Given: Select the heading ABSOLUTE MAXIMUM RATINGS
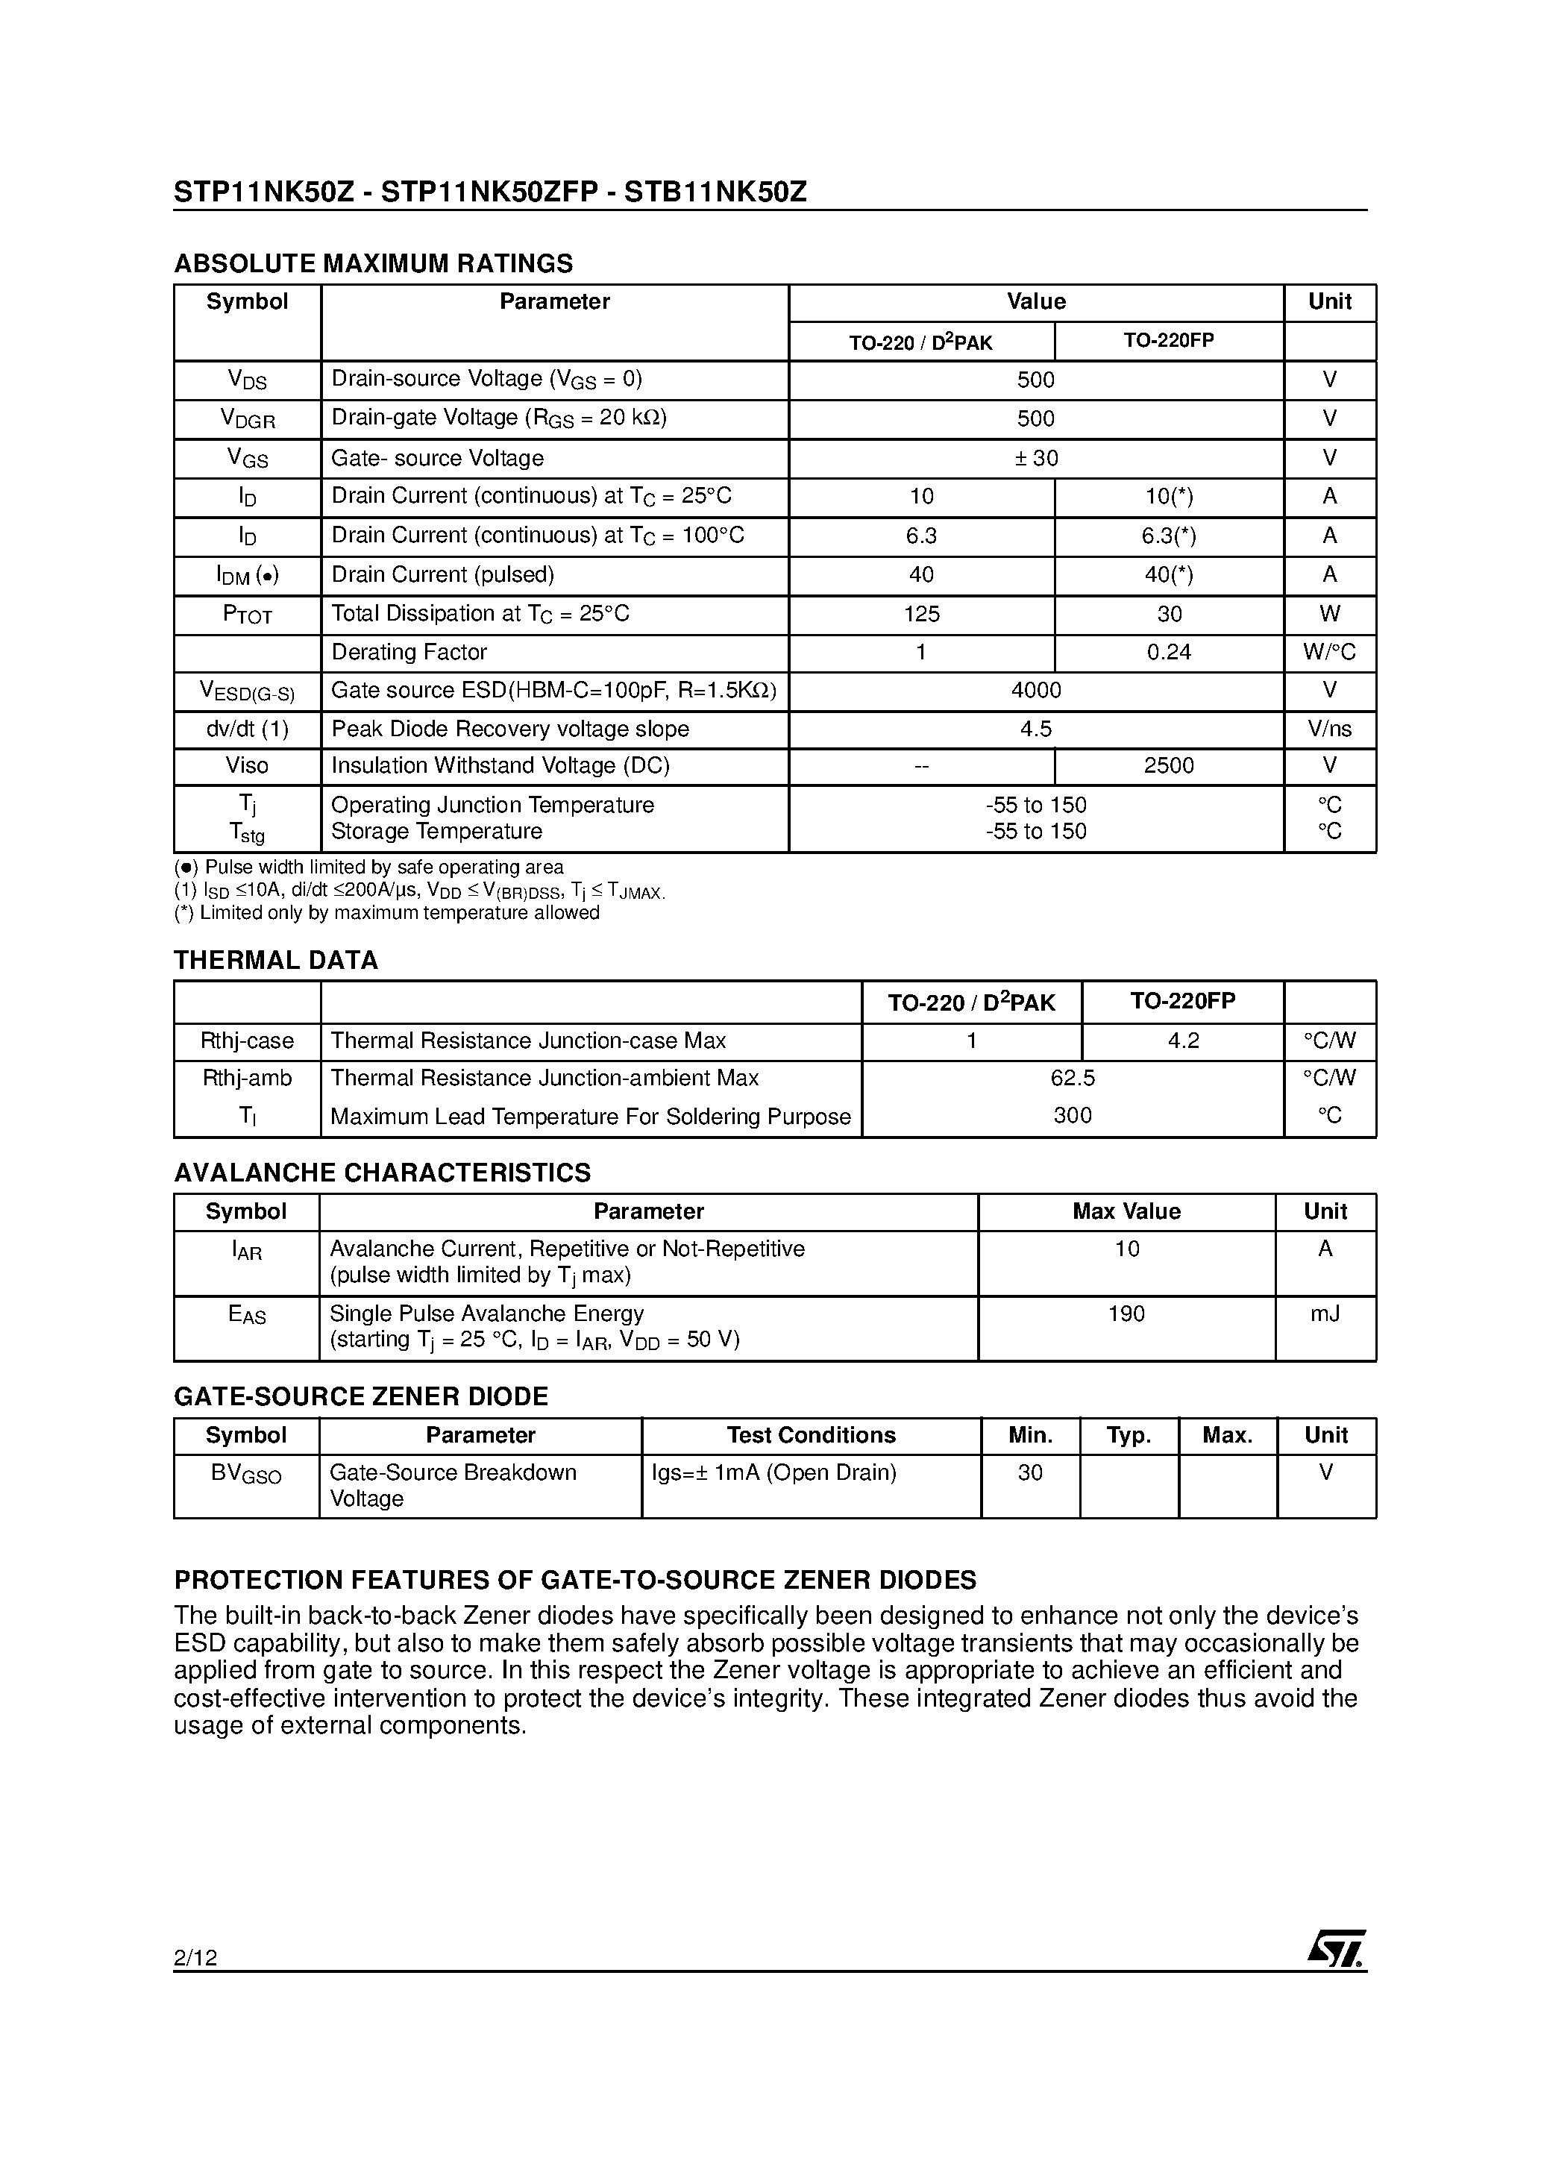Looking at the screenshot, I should [374, 263].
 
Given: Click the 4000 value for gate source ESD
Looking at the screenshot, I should [1035, 691].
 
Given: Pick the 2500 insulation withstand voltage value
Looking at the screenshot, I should [1169, 765].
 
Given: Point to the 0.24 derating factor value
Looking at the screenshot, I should [1169, 653].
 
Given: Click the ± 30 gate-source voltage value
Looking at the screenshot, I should [1035, 458].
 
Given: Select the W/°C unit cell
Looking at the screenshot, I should [1329, 653].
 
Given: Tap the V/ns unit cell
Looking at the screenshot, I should [1329, 729].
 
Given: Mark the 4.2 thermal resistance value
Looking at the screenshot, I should [1183, 1041].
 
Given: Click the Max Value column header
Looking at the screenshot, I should [1126, 1211].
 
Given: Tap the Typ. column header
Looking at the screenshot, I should [1129, 1435].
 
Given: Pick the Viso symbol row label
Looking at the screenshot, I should [247, 765].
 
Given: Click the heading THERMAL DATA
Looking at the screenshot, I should [275, 961].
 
